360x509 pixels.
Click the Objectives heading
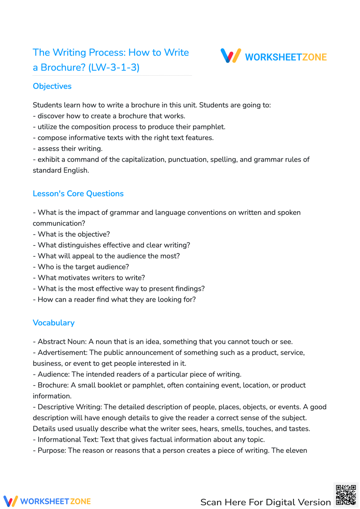pos(52,86)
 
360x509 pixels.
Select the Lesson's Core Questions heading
pos(78,194)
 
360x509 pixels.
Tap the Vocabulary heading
pos(53,323)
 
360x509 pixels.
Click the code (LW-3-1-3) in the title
pos(114,67)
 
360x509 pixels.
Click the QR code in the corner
pos(346,495)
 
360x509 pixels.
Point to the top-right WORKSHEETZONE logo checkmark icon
pos(230,56)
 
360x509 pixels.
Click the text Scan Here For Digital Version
pos(265,502)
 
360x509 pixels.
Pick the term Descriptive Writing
pos(70,407)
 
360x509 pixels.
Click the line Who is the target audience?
pos(83,267)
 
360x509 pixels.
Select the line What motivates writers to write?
pos(91,278)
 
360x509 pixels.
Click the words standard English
pos(60,170)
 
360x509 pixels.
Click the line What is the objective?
pos(73,234)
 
